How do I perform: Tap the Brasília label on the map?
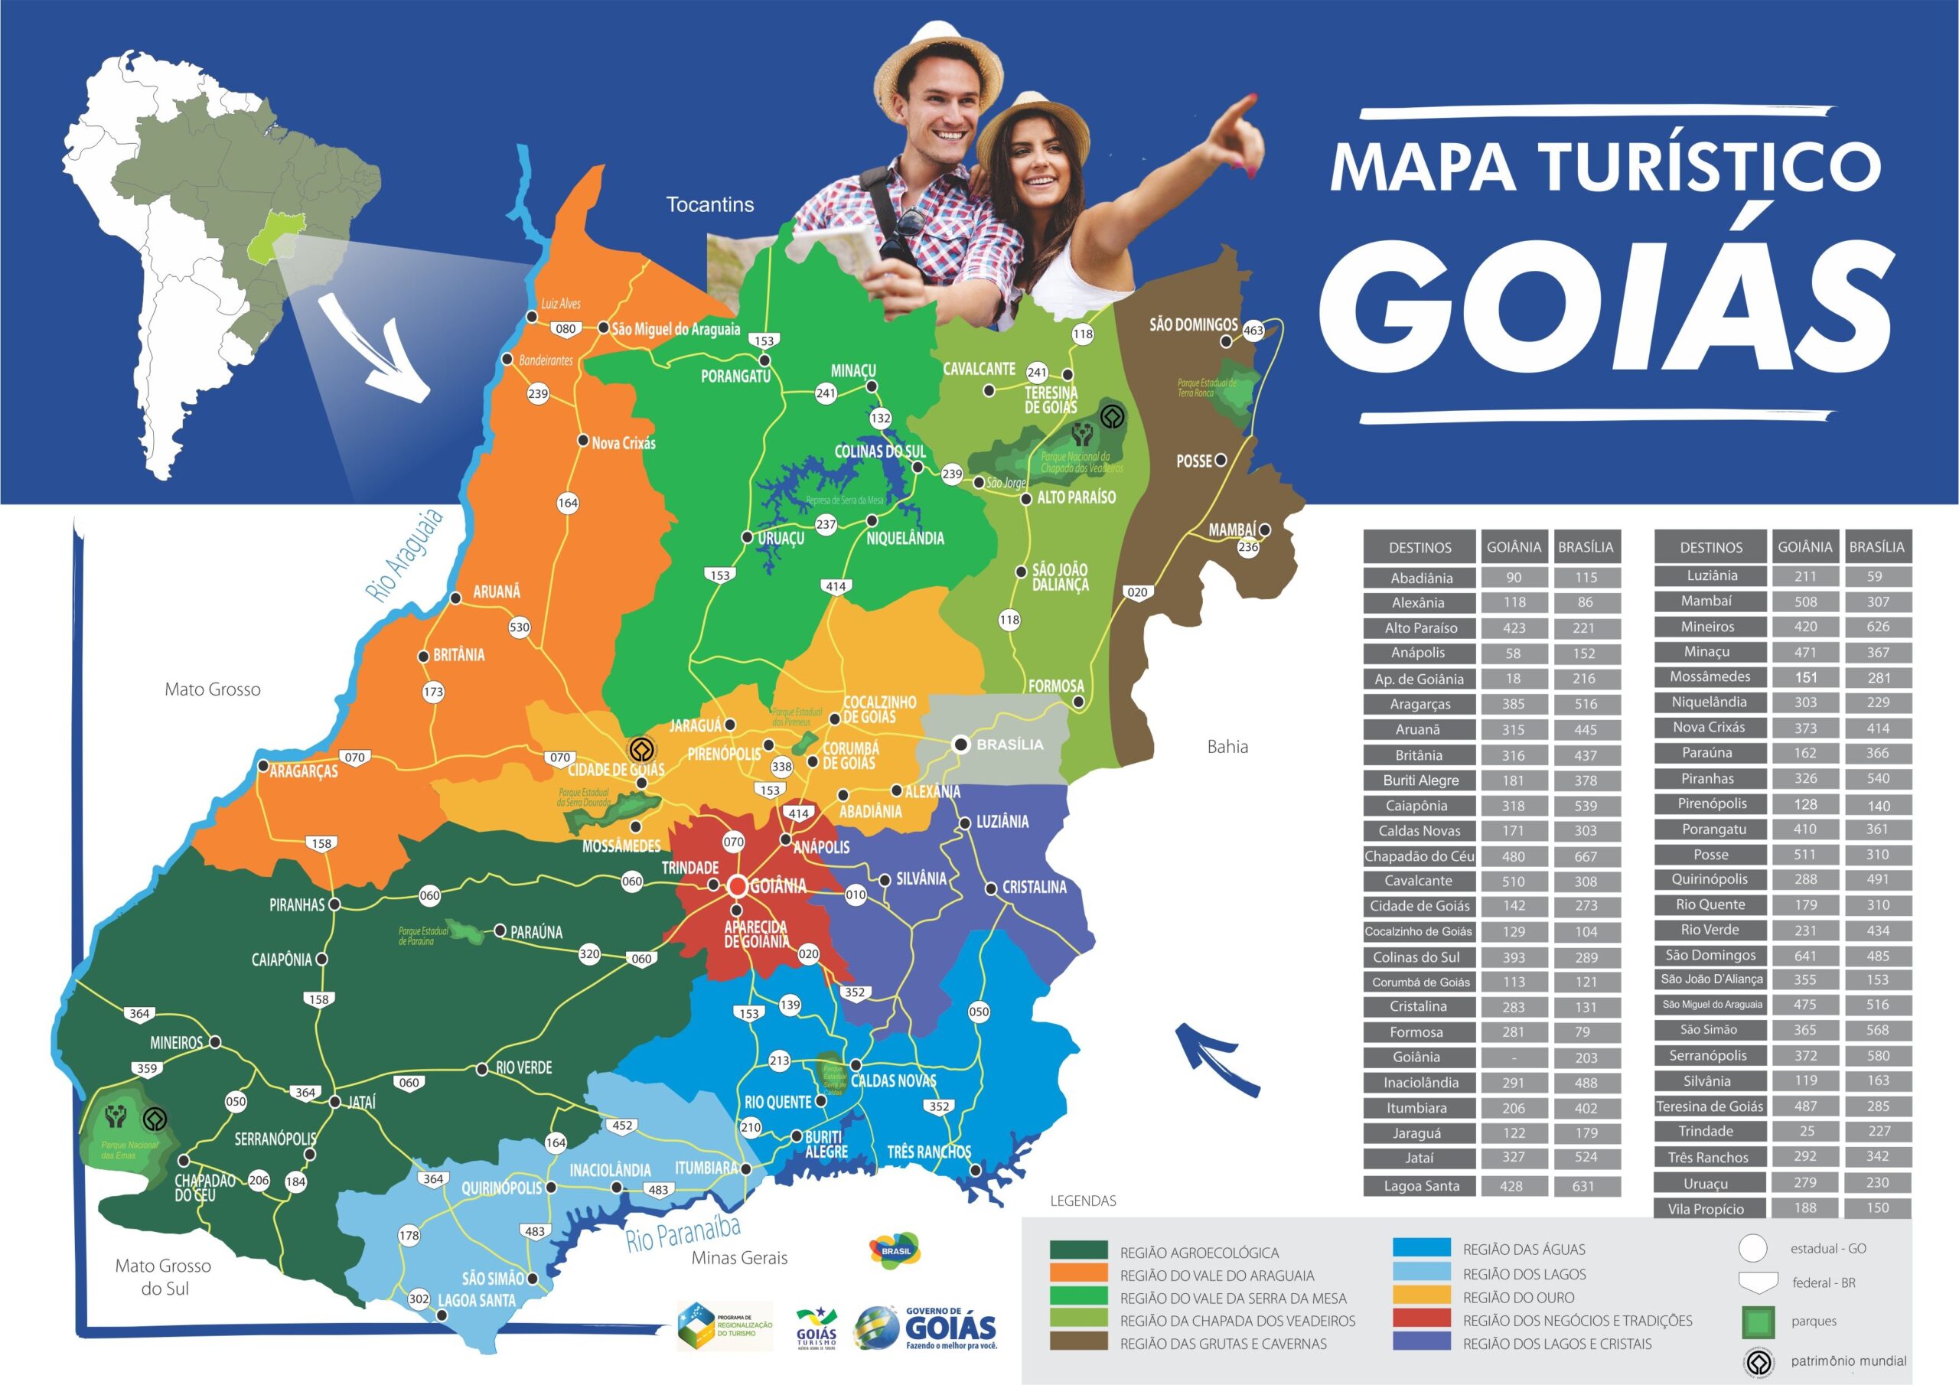pos(1009,744)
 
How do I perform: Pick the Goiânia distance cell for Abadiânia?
pos(1514,578)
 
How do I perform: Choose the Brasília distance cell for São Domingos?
pos(1877,956)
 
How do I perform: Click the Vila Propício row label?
pos(1706,1208)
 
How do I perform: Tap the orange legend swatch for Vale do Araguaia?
pos(1078,1275)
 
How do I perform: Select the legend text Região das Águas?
pos(1524,1250)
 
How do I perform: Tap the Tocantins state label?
pos(710,205)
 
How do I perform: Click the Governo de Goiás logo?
pos(926,1328)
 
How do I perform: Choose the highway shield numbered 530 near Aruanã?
pos(520,627)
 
